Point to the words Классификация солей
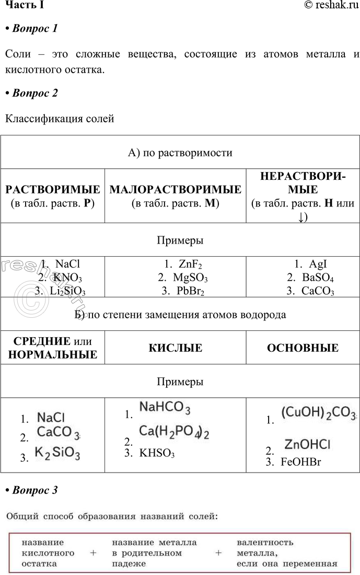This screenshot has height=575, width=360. pyautogui.click(x=60, y=119)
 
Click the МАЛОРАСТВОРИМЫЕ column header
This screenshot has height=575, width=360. pyautogui.click(x=176, y=189)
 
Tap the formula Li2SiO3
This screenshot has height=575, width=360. pyautogui.click(x=67, y=291)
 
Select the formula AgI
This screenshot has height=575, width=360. pyautogui.click(x=318, y=264)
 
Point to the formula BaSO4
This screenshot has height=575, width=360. pyautogui.click(x=318, y=278)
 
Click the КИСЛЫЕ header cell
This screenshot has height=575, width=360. pyautogui.click(x=176, y=348)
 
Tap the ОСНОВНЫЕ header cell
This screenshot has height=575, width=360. pyautogui.click(x=303, y=348)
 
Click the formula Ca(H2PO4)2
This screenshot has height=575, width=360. pyautogui.click(x=174, y=432)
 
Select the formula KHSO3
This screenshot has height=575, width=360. pyautogui.click(x=157, y=453)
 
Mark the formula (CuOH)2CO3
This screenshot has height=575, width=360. pyautogui.click(x=318, y=412)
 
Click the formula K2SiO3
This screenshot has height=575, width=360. pyautogui.click(x=57, y=453)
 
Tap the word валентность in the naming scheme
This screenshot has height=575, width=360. pyautogui.click(x=265, y=543)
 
